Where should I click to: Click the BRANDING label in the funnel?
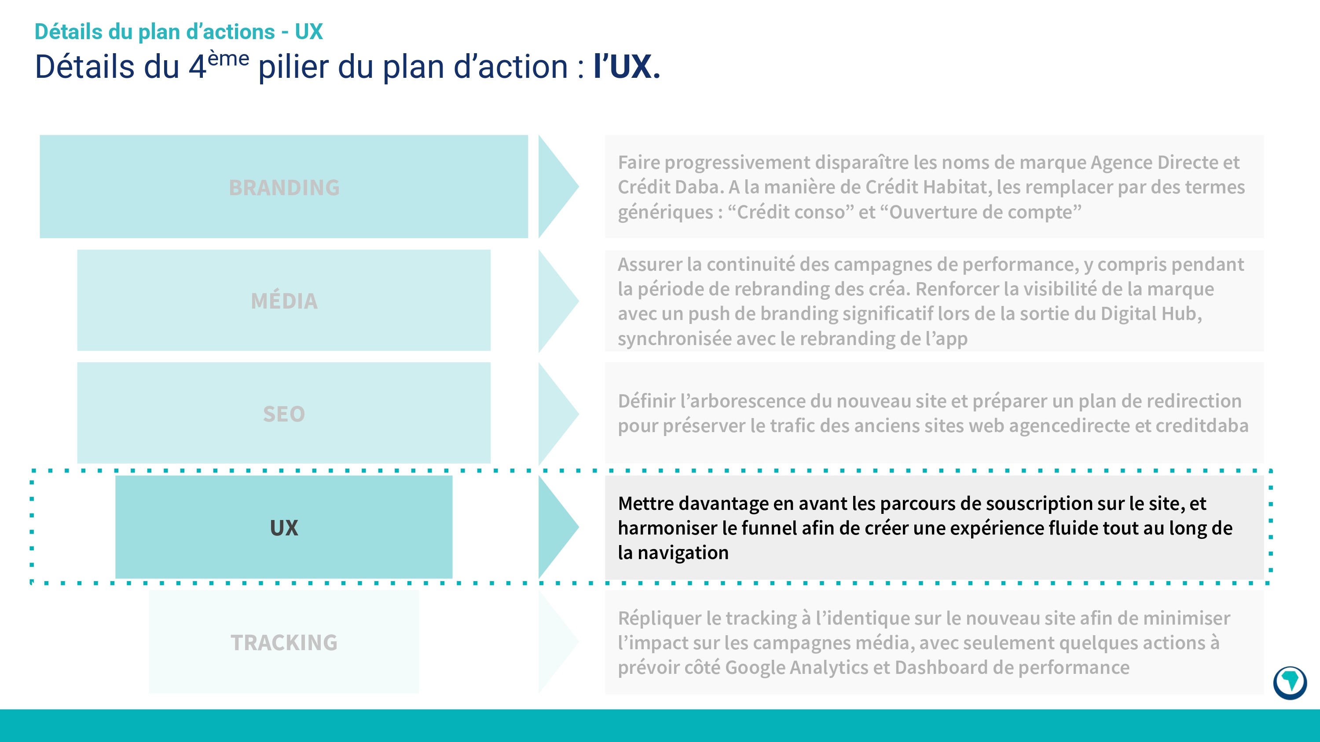[284, 187]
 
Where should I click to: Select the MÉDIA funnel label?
[284, 301]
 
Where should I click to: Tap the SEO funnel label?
[284, 414]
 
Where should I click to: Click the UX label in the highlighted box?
[284, 528]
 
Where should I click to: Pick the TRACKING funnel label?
[284, 643]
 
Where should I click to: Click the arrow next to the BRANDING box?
[557, 187]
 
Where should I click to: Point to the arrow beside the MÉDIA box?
[557, 301]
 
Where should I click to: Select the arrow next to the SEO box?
[557, 414]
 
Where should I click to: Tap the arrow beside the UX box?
[557, 527]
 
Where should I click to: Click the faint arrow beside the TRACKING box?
[557, 642]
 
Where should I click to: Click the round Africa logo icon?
[1289, 682]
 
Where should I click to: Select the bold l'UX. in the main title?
[627, 67]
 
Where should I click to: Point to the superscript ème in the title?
[228, 59]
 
